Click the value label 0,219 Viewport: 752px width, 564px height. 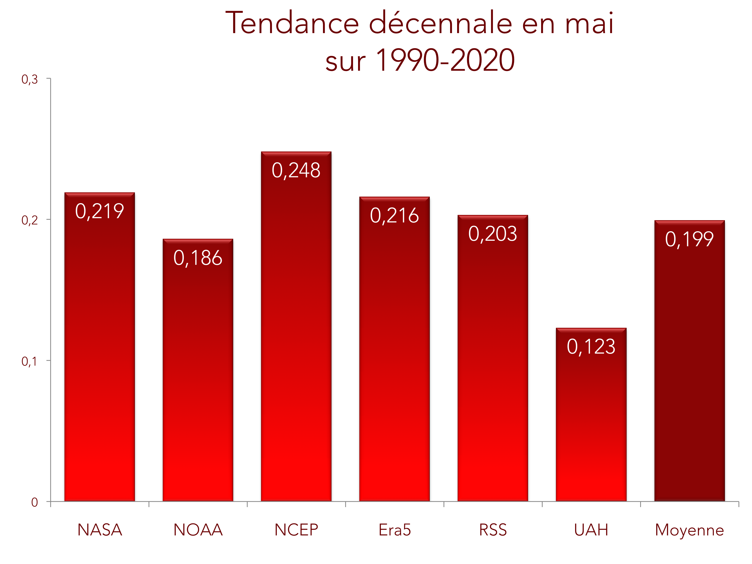pos(100,211)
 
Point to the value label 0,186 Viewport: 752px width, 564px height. pos(198,258)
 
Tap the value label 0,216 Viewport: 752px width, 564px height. pos(394,215)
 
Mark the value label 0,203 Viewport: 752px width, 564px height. pos(493,234)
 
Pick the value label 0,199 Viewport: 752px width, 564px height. pos(690,239)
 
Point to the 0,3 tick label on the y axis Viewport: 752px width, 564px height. pos(30,79)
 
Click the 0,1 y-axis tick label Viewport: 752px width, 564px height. pos(30,361)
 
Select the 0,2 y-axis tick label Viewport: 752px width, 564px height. pos(30,220)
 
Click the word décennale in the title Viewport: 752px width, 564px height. pos(440,23)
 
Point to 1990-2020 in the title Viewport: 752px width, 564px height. pos(445,60)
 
